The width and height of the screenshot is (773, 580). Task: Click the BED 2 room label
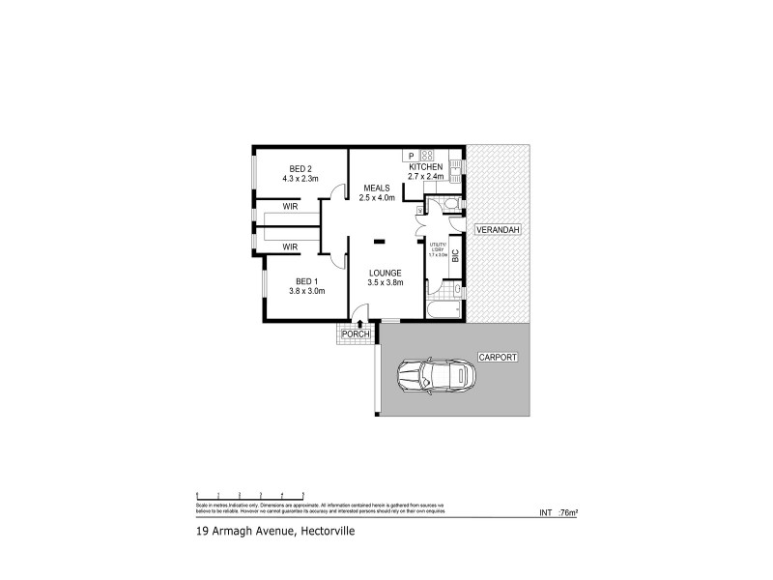point(301,168)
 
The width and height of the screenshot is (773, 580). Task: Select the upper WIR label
point(289,207)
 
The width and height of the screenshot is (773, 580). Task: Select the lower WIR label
point(289,247)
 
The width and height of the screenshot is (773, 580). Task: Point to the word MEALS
point(377,188)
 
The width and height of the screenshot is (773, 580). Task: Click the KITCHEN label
point(425,167)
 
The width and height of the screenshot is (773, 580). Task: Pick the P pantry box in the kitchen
point(411,156)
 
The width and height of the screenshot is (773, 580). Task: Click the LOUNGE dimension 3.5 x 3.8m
point(386,282)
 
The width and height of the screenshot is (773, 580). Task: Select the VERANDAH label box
point(499,230)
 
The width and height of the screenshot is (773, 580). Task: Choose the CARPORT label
point(499,357)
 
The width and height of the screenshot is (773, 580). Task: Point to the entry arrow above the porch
point(360,324)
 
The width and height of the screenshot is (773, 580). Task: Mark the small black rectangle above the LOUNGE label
point(380,240)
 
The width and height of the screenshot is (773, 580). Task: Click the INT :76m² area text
point(557,514)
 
